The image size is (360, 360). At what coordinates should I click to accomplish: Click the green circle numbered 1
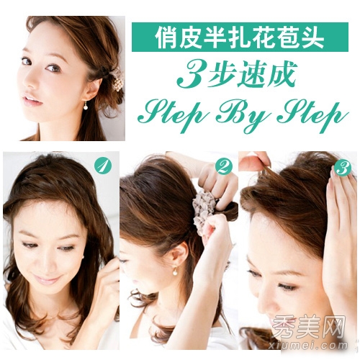tap(103, 166)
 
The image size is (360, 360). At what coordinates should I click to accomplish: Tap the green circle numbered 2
tap(224, 166)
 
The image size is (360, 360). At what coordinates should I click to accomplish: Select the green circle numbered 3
tap(342, 168)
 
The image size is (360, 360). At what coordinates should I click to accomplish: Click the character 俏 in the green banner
tap(167, 37)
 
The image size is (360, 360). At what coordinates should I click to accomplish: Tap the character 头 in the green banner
tap(312, 37)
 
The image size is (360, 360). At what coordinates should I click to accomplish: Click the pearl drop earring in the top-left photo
tap(86, 106)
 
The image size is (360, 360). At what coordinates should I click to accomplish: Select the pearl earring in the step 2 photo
tap(175, 271)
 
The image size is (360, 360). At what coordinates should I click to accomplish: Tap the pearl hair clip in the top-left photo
tap(117, 80)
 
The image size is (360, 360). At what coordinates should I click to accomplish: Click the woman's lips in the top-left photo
tap(32, 100)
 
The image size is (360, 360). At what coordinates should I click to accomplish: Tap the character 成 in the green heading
tap(281, 74)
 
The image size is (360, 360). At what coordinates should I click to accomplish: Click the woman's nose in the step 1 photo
tap(45, 261)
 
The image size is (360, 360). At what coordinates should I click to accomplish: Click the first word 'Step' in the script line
tap(174, 114)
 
